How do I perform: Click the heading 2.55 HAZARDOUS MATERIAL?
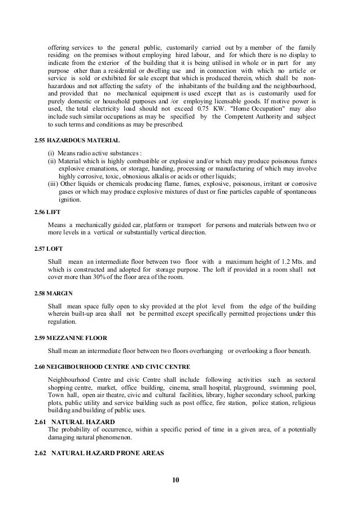tap(76, 139)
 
